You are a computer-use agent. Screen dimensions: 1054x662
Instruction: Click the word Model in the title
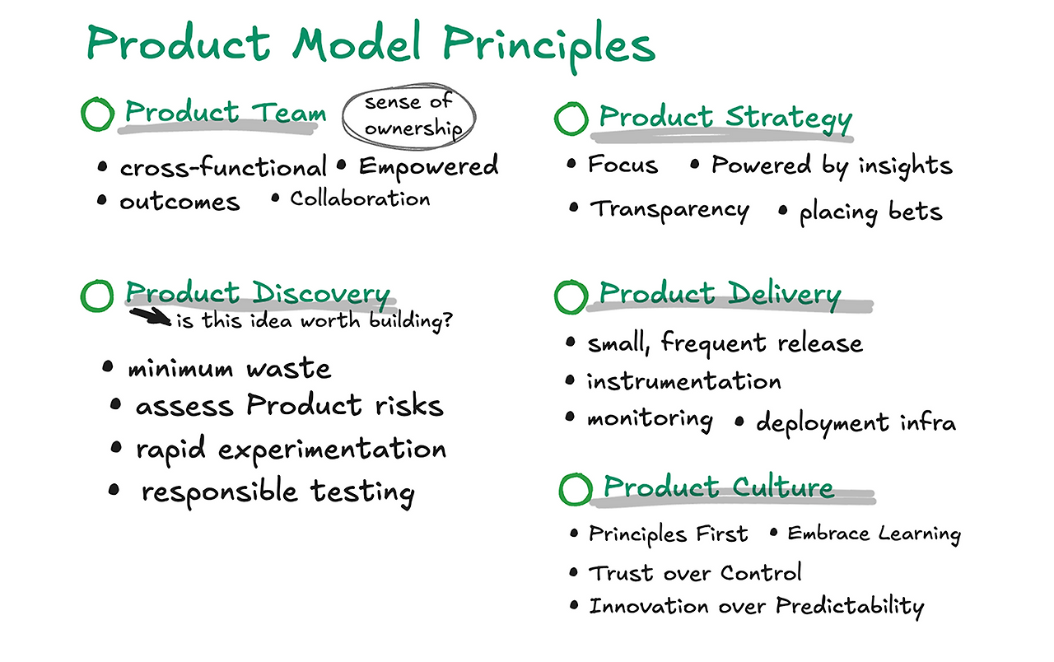tap(357, 44)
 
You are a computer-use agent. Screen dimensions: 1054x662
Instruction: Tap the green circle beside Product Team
tap(97, 100)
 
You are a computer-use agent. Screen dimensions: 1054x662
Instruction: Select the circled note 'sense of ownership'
tap(408, 117)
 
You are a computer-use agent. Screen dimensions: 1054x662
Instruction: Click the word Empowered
tap(428, 167)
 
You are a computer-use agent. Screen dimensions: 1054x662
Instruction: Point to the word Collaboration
tap(360, 199)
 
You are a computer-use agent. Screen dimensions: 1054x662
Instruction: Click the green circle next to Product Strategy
tap(571, 105)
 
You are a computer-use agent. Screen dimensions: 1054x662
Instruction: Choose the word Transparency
tap(669, 210)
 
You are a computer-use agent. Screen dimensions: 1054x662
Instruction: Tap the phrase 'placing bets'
tap(871, 212)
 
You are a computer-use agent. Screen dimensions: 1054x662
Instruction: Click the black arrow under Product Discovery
tap(151, 316)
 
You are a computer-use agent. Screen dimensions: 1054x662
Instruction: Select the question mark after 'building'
tap(447, 320)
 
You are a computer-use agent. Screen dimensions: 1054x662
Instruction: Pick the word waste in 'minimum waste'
tap(288, 368)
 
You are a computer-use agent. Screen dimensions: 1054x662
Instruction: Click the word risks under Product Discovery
tap(409, 406)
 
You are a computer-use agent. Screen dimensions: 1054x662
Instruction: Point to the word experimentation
tap(332, 450)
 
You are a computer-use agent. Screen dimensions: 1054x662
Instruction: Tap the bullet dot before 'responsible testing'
tap(114, 490)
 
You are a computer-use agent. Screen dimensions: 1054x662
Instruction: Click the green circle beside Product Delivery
tap(571, 282)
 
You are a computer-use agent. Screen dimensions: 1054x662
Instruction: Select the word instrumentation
tap(683, 381)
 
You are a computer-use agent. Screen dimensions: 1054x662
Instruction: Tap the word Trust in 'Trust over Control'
tap(621, 574)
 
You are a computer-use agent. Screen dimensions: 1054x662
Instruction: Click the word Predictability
tap(850, 607)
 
